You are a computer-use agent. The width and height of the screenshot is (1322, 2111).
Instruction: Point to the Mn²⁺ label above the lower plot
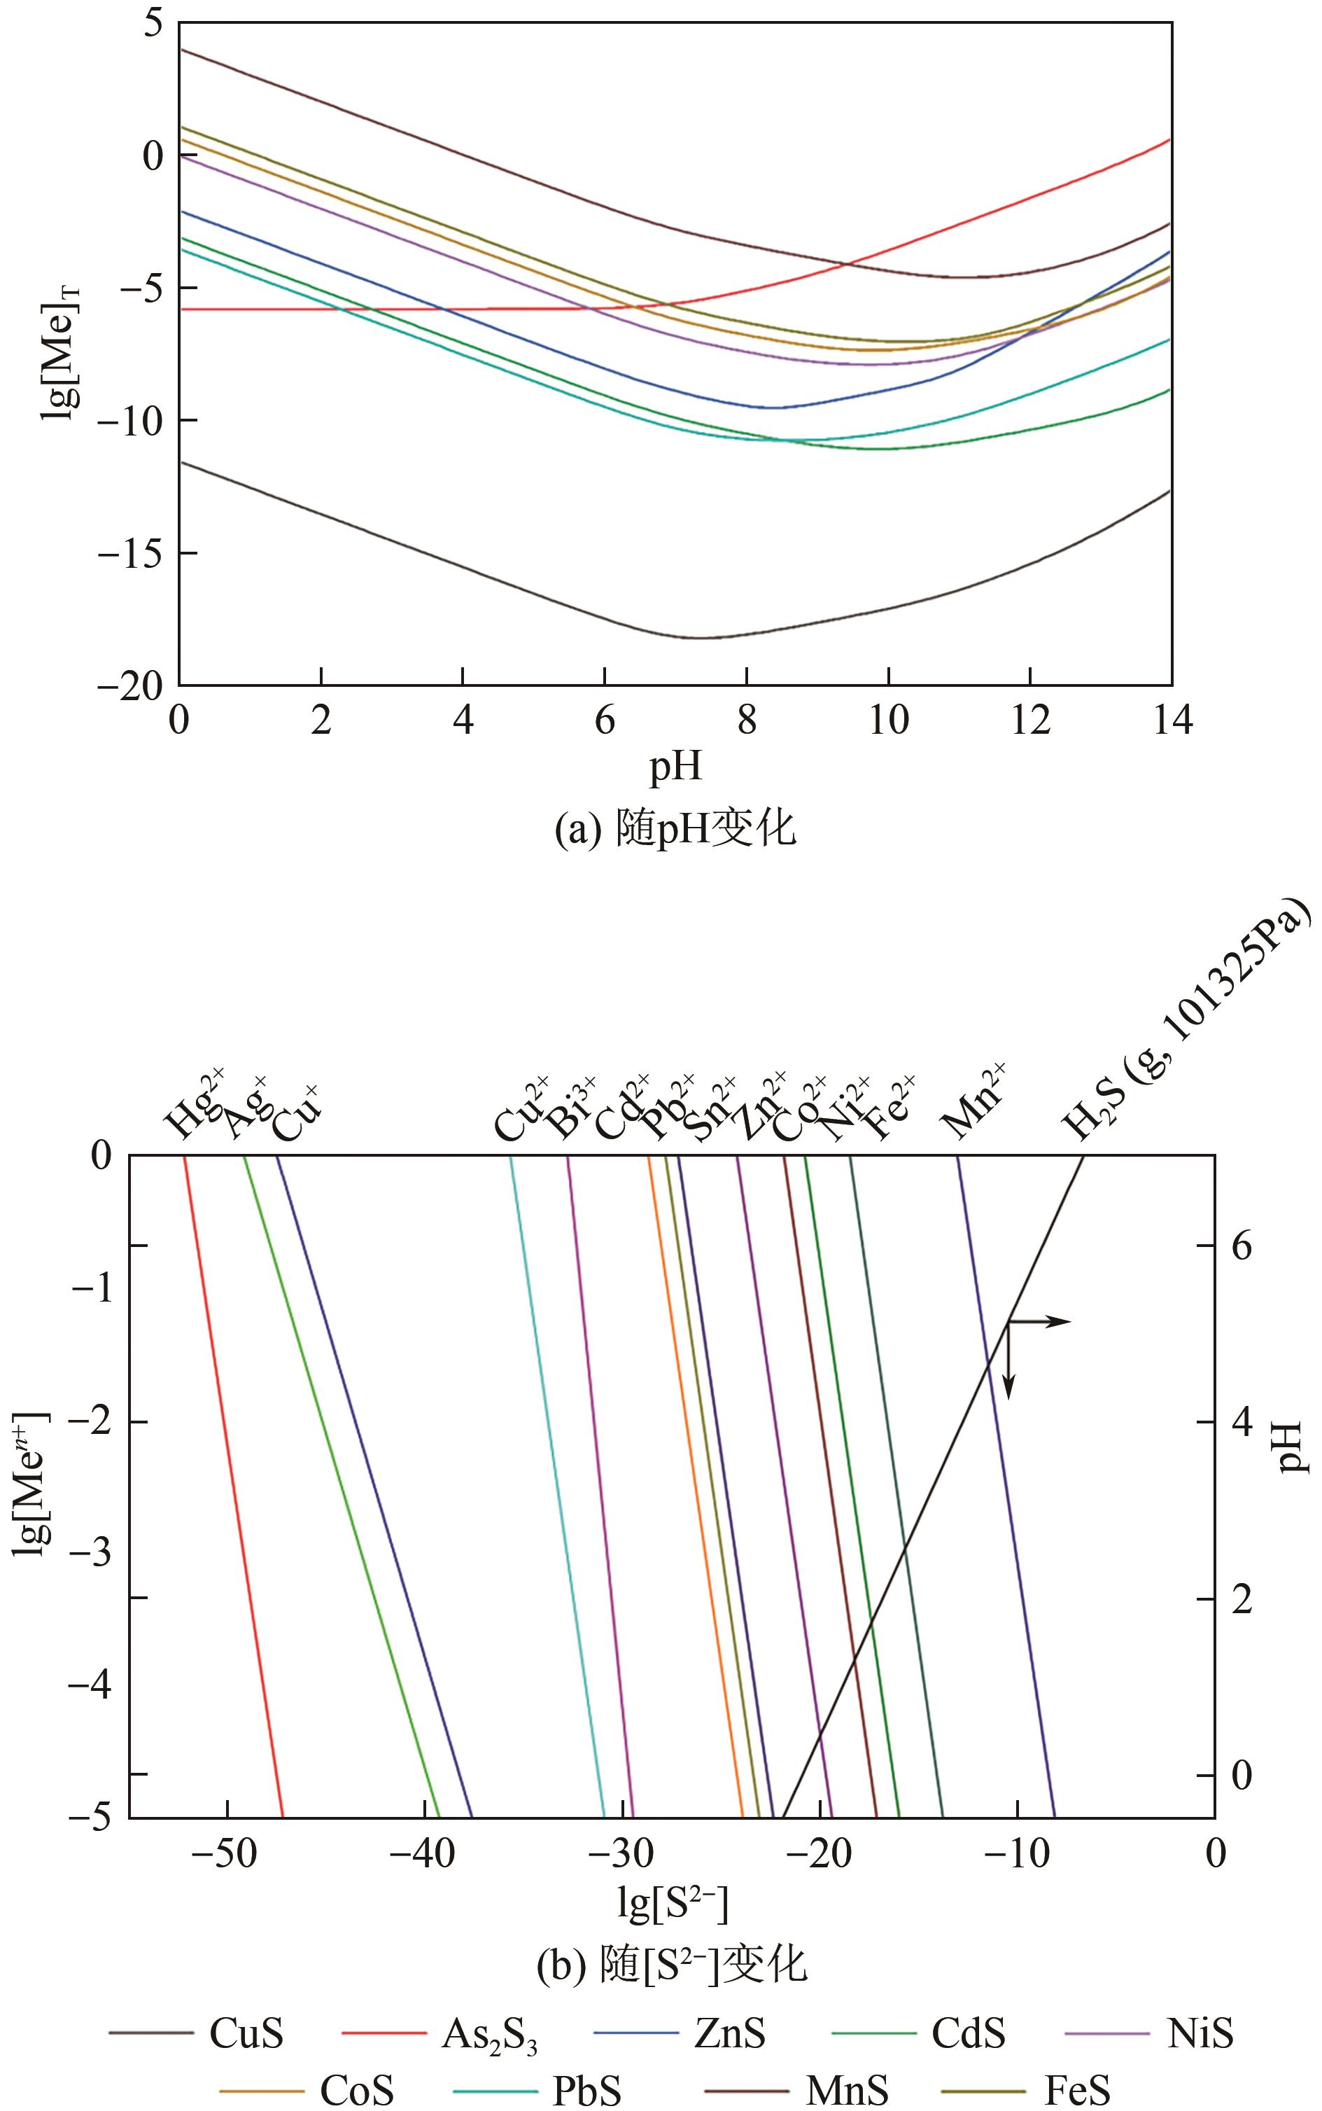click(x=972, y=1103)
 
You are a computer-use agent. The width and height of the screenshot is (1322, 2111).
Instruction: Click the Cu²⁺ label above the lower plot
click(x=522, y=1110)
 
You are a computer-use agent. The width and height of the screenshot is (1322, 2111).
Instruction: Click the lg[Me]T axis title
click(x=59, y=354)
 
